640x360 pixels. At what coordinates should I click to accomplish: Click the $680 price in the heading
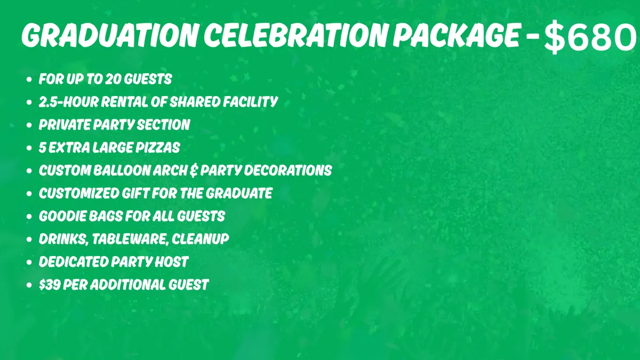point(590,37)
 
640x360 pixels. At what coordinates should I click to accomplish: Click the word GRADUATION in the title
point(110,35)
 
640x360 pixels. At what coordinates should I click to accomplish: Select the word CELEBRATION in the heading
point(296,35)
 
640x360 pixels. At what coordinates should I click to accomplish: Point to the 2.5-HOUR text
point(69,102)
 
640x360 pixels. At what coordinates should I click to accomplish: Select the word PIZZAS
point(158,148)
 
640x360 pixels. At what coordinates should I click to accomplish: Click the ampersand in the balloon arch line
point(194,171)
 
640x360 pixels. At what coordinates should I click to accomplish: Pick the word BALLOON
point(122,171)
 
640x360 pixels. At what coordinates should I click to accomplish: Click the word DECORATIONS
point(288,171)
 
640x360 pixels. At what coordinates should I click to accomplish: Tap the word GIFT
point(135,194)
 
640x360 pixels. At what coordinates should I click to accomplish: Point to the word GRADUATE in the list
point(239,194)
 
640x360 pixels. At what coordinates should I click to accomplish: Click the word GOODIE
point(62,217)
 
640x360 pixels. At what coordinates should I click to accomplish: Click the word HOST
point(171,262)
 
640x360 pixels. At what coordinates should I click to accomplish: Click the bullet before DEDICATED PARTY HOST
point(29,262)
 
